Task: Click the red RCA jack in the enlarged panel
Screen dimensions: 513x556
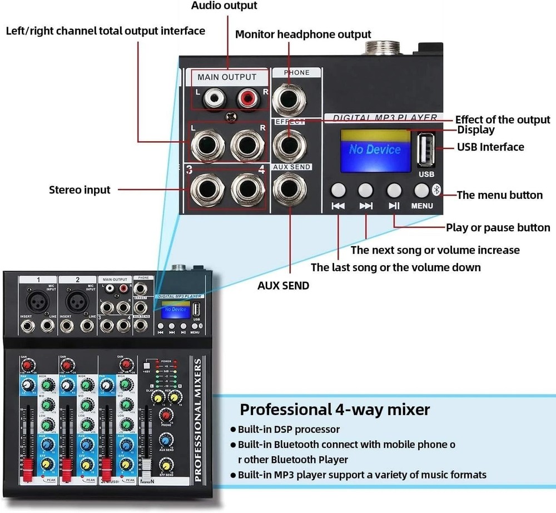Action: (247, 100)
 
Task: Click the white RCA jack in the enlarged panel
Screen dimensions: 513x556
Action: (212, 100)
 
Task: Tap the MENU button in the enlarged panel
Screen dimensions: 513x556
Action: (422, 191)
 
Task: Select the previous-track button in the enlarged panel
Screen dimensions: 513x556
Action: (338, 191)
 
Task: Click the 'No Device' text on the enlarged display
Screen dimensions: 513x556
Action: (375, 150)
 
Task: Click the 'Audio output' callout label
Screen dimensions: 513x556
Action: (224, 6)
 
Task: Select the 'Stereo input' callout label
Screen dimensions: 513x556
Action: (80, 190)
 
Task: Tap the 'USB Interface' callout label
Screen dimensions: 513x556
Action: (490, 147)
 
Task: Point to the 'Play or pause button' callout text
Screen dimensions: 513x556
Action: (498, 228)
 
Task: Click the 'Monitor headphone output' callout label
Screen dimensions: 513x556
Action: (303, 34)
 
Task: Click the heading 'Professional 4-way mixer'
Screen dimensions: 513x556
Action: (335, 410)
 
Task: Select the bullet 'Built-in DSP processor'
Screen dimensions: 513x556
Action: (289, 429)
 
